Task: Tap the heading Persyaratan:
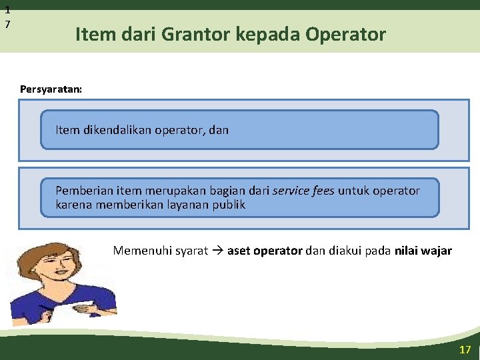[x=51, y=89]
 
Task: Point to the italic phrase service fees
[x=304, y=191]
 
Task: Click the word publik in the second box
[x=229, y=204]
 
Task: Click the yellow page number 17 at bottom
[x=465, y=349]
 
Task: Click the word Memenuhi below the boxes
[x=141, y=251]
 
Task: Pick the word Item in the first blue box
[x=68, y=130]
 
